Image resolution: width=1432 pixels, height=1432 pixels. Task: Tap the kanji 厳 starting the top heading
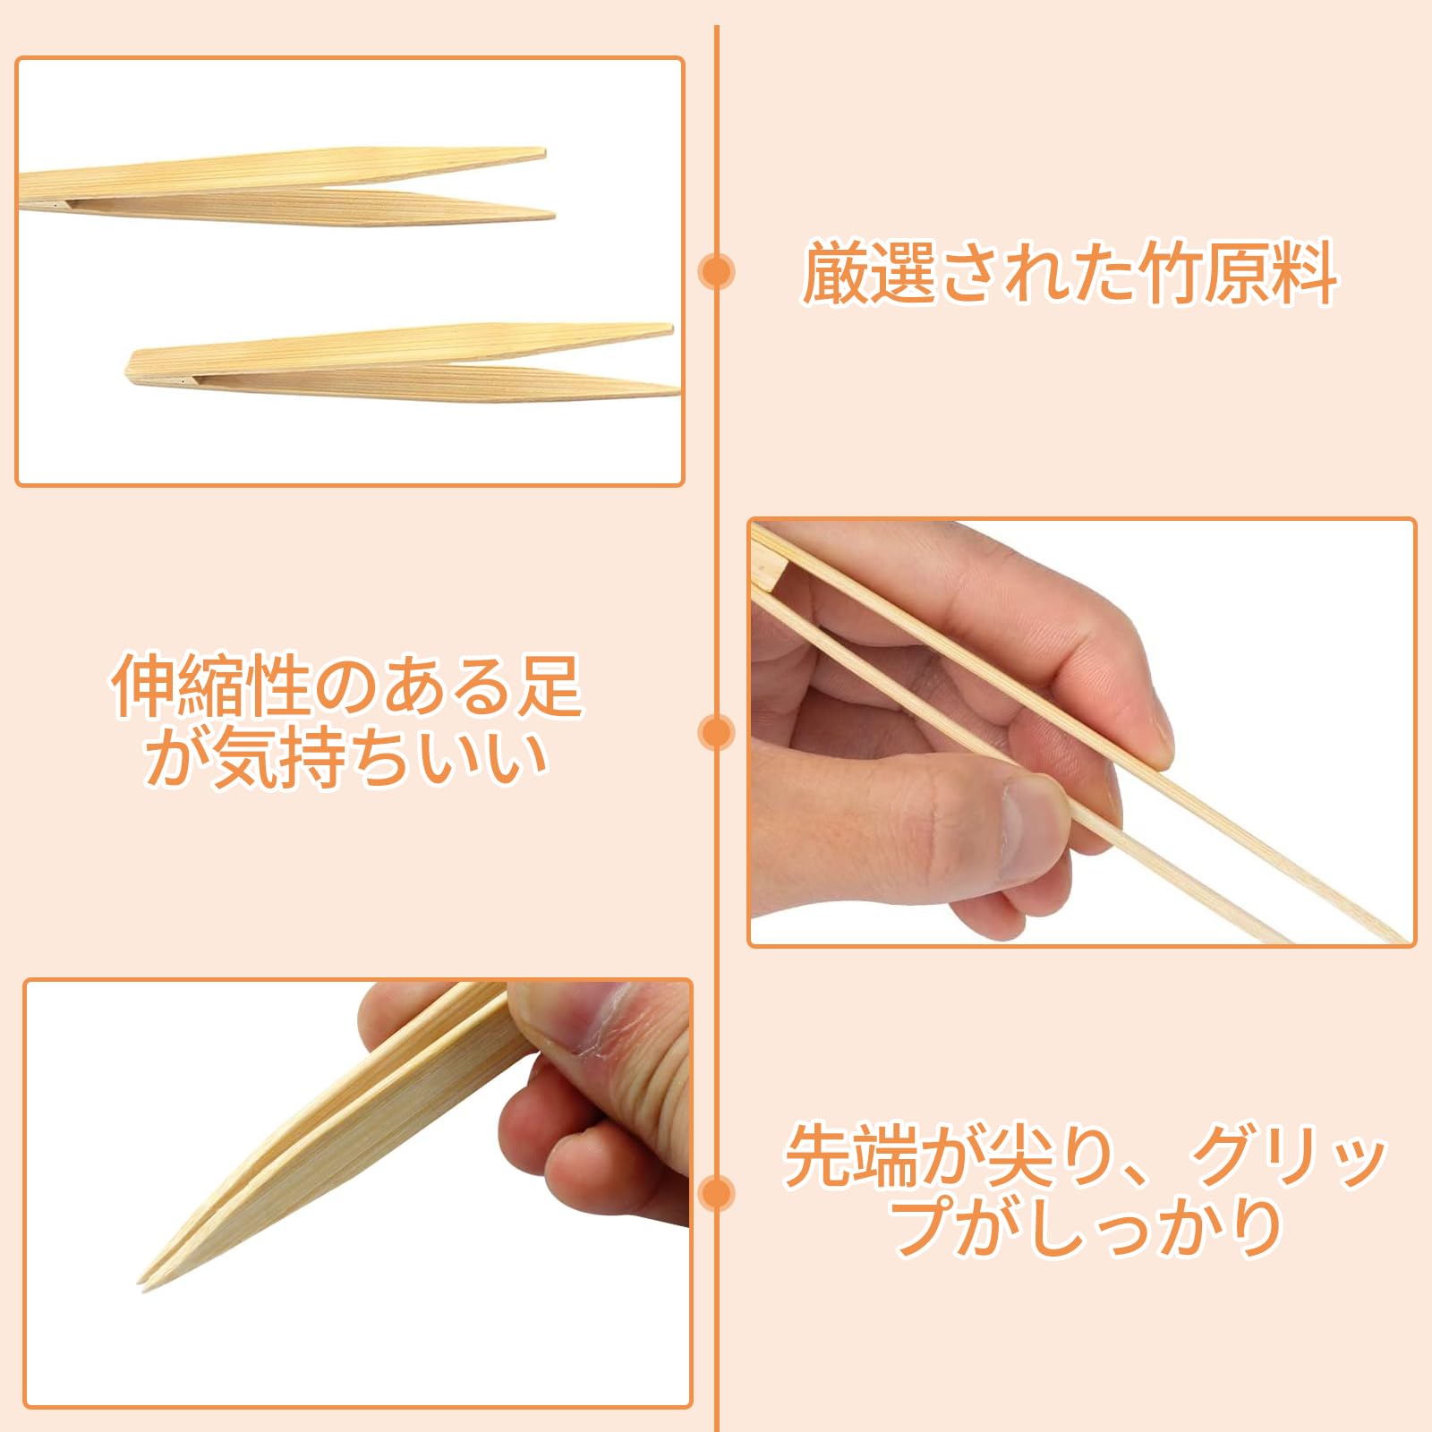[835, 272]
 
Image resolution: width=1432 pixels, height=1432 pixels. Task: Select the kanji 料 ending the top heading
[1304, 272]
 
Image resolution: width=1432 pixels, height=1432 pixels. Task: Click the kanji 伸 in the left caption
[145, 686]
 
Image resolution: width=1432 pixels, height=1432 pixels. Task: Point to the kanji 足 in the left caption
[548, 686]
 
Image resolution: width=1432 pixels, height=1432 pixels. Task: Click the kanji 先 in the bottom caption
[818, 1156]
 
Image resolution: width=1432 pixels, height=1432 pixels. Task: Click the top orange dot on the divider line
[716, 271]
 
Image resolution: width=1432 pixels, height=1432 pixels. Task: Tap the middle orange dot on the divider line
[716, 733]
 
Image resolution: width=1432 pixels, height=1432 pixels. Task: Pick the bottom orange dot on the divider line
[716, 1193]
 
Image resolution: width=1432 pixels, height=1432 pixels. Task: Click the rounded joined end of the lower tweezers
[132, 367]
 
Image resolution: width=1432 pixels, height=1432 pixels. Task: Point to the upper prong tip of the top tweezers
[541, 152]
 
